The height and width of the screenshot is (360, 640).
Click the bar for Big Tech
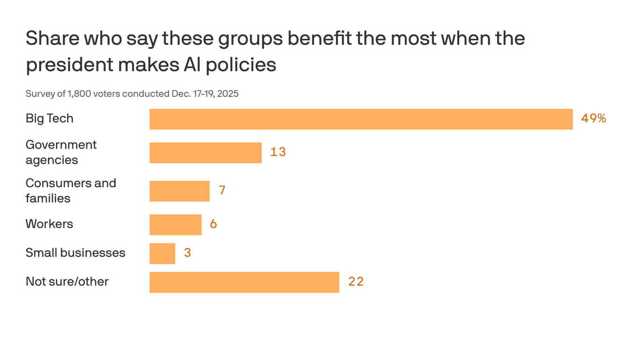coord(361,119)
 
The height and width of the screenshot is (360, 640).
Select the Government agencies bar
coord(205,153)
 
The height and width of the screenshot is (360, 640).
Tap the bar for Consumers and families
coord(179,191)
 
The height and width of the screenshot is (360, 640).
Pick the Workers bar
coord(175,225)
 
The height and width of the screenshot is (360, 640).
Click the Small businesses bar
coord(162,254)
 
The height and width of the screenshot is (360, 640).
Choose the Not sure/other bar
coord(244,282)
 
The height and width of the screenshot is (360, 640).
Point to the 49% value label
coord(593,119)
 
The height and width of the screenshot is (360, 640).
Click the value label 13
coord(278,152)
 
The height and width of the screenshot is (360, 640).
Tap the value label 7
coord(222,191)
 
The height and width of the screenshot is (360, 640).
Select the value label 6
coord(213,225)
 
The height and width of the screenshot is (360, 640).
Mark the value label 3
coord(187,253)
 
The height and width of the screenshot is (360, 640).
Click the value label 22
coord(356,282)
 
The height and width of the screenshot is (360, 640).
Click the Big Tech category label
coord(49,119)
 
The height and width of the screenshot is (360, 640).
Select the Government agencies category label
coord(61,152)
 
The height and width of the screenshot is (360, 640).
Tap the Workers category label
coord(49,224)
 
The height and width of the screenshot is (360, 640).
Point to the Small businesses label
coord(75,253)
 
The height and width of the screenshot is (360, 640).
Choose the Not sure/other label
coord(67,282)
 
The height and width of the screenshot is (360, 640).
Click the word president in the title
coord(69,65)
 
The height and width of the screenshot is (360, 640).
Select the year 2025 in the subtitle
coord(228,94)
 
